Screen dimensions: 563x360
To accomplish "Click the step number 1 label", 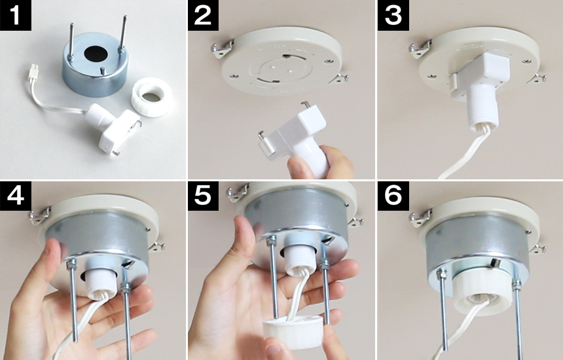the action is pos(16,15).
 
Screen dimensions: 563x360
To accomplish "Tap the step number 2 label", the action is pos(203,15).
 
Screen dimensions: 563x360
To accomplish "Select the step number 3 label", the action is pos(393,15).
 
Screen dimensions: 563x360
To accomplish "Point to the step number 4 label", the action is pos(16,196).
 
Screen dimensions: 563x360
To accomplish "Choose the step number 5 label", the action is pos(203,196).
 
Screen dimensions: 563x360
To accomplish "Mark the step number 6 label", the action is pos(393,196).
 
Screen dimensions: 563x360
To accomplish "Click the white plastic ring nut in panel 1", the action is pos(151,98).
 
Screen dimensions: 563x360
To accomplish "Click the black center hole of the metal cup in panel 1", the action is pos(96,54).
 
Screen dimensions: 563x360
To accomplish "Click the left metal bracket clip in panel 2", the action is pos(222,49).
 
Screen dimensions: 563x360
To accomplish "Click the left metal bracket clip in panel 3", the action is pos(420,49).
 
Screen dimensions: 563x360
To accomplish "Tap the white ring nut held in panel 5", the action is pos(293,332).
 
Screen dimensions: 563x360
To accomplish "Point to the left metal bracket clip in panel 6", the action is pos(420,218).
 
